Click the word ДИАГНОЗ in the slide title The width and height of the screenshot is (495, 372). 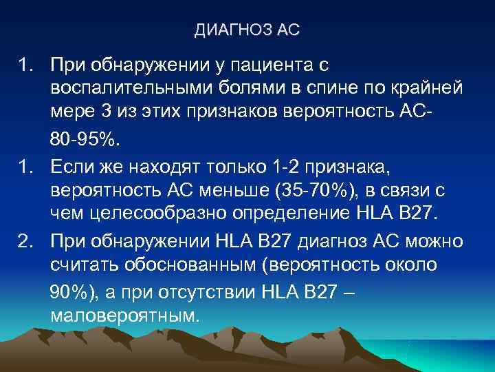(x=234, y=31)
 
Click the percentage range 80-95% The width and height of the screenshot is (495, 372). (x=85, y=141)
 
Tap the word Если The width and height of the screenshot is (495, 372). (x=73, y=166)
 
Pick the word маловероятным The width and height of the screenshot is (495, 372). (x=124, y=316)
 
